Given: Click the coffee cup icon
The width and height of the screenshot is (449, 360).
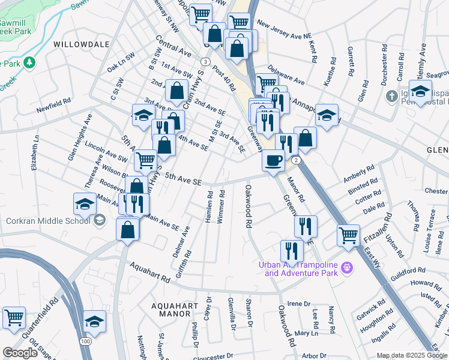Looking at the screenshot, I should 274,161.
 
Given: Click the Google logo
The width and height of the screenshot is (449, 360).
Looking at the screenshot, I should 20,353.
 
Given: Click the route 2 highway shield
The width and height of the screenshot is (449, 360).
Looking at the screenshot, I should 296,160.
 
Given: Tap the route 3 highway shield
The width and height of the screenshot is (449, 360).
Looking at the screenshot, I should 205,62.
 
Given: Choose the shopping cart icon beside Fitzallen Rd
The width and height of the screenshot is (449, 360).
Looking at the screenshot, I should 348,235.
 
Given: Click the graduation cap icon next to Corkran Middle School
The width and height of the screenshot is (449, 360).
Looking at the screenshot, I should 85,203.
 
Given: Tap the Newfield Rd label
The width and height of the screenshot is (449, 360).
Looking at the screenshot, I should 53,103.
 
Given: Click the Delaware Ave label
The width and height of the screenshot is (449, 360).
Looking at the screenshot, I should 287,75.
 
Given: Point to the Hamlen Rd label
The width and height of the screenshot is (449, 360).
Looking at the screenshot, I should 209,207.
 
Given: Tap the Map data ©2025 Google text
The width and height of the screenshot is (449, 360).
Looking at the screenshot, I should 411,355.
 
